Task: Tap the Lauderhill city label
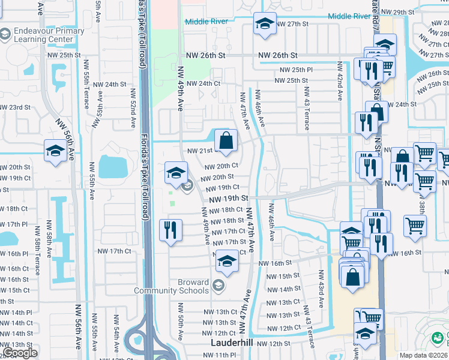coord(235,343)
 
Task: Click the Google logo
coord(19,353)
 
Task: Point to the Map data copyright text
coord(424,355)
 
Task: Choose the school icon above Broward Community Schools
coord(226,261)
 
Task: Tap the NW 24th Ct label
coord(203,84)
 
